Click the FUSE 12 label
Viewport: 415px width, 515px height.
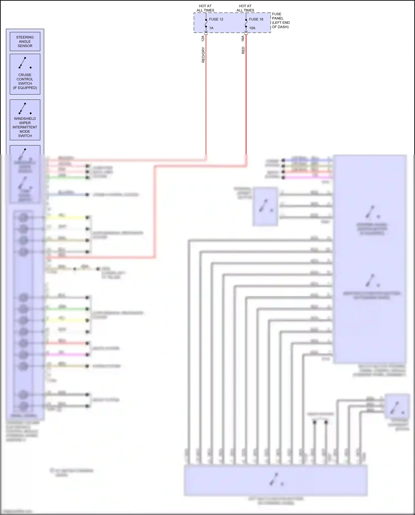pos(216,19)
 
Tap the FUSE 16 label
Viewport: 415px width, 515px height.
pos(256,19)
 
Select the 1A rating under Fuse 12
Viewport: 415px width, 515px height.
pos(211,28)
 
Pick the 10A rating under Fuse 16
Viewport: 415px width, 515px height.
pos(252,28)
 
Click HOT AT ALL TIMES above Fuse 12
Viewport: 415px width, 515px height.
pos(205,8)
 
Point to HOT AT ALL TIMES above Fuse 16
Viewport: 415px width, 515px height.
pos(245,8)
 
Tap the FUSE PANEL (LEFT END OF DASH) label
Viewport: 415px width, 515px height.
pos(281,20)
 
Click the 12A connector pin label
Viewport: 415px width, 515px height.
pos(203,38)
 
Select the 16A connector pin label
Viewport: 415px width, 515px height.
pos(243,38)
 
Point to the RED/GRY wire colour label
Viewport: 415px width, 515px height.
pos(203,55)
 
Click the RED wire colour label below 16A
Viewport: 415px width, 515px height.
pos(243,50)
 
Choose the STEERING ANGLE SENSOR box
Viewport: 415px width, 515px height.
pos(25,42)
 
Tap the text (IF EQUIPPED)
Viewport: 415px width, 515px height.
pos(25,88)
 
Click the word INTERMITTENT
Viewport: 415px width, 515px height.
pos(25,127)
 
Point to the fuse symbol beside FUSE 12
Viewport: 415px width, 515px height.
pos(206,24)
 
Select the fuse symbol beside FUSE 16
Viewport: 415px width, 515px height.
pos(246,24)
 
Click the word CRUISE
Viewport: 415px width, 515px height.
pos(25,75)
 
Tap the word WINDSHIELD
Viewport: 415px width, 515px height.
pos(25,119)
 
